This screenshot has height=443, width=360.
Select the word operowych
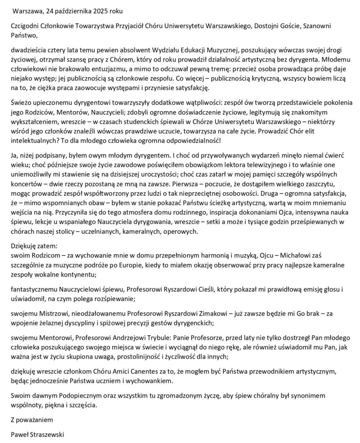coord(184,232)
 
